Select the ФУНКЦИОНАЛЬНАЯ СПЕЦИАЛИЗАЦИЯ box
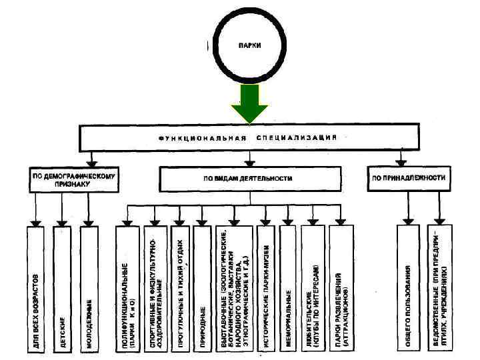coord(249,137)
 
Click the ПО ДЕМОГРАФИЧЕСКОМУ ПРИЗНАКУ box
coord(75,179)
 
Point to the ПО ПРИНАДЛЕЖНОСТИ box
coord(408,179)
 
